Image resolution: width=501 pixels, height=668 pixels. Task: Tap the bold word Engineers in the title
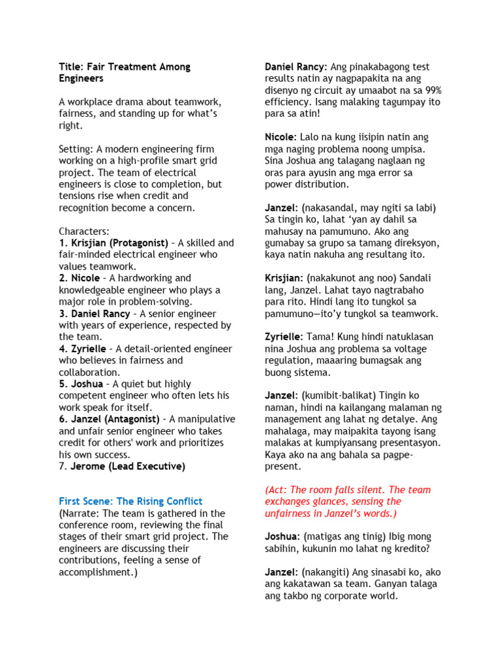point(81,78)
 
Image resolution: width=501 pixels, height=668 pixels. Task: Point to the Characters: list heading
point(84,231)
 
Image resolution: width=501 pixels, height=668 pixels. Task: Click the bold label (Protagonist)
point(138,243)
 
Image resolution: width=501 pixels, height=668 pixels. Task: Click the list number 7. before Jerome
point(63,466)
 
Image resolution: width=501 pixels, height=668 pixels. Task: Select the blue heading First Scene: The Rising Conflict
point(130,501)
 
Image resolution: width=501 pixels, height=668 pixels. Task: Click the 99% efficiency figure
point(432,90)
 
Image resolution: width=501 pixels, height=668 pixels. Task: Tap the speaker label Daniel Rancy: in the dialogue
point(296,67)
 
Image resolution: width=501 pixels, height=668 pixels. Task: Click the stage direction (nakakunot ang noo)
point(352,278)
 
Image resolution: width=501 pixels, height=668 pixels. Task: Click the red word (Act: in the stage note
point(277,489)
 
